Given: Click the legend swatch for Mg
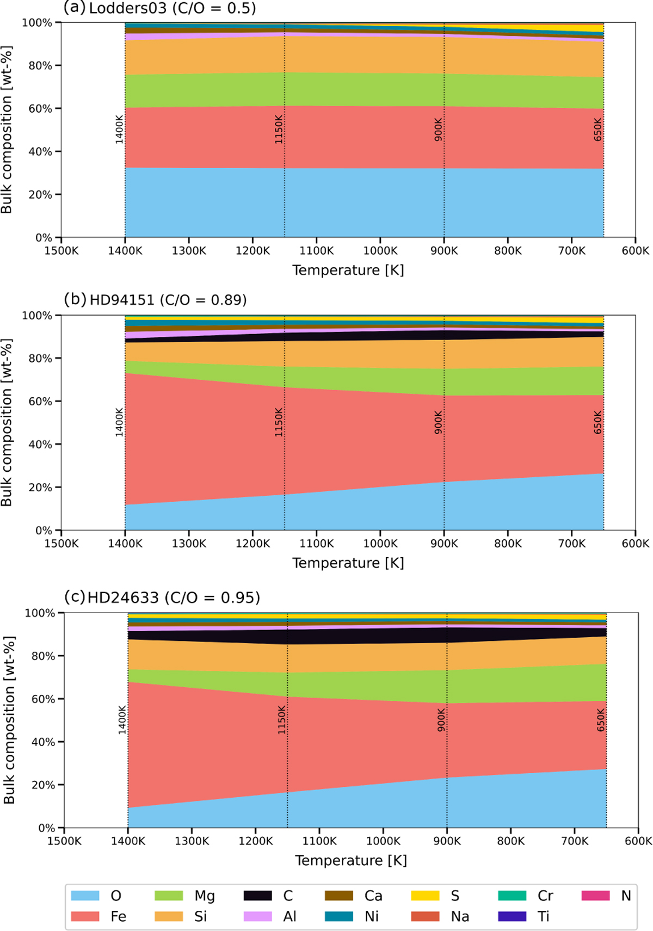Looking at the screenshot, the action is [169, 895].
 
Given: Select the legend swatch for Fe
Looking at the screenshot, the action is [85, 916].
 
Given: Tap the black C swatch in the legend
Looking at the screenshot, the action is [258, 895].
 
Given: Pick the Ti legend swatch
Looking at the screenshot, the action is [512, 916].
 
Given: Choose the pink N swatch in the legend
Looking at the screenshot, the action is [596, 895].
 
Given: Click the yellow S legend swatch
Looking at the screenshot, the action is [425, 895].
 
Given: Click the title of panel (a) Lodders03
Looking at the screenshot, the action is [159, 8].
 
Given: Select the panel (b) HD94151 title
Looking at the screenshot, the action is [156, 299].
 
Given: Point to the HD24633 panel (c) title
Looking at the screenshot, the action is [162, 597].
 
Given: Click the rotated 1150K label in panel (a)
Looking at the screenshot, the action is [279, 130].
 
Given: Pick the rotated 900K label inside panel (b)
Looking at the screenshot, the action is [438, 422].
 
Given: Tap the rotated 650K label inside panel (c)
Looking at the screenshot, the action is [601, 720].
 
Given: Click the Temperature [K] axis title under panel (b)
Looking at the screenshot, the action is [348, 563].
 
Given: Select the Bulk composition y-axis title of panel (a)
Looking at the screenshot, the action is [7, 130].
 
